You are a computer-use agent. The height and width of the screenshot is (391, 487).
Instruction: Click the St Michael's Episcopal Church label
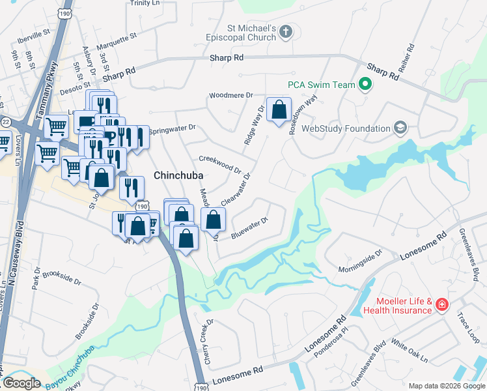[251, 35]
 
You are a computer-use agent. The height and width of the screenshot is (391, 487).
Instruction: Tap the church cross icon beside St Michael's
[287, 31]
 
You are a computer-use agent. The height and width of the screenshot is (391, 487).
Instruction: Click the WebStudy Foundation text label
[345, 129]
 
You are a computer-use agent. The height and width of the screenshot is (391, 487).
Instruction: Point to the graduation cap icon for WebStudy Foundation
[400, 128]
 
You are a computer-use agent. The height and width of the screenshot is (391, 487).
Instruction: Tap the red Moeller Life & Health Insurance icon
[441, 304]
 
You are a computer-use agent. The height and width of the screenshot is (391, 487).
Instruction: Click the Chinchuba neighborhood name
[178, 176]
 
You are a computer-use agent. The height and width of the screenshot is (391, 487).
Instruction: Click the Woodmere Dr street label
[230, 96]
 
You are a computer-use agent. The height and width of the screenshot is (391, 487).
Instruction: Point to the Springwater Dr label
[173, 129]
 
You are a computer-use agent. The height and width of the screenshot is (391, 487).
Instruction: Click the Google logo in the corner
[21, 383]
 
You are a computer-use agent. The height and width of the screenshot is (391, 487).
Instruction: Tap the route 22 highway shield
[6, 122]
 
